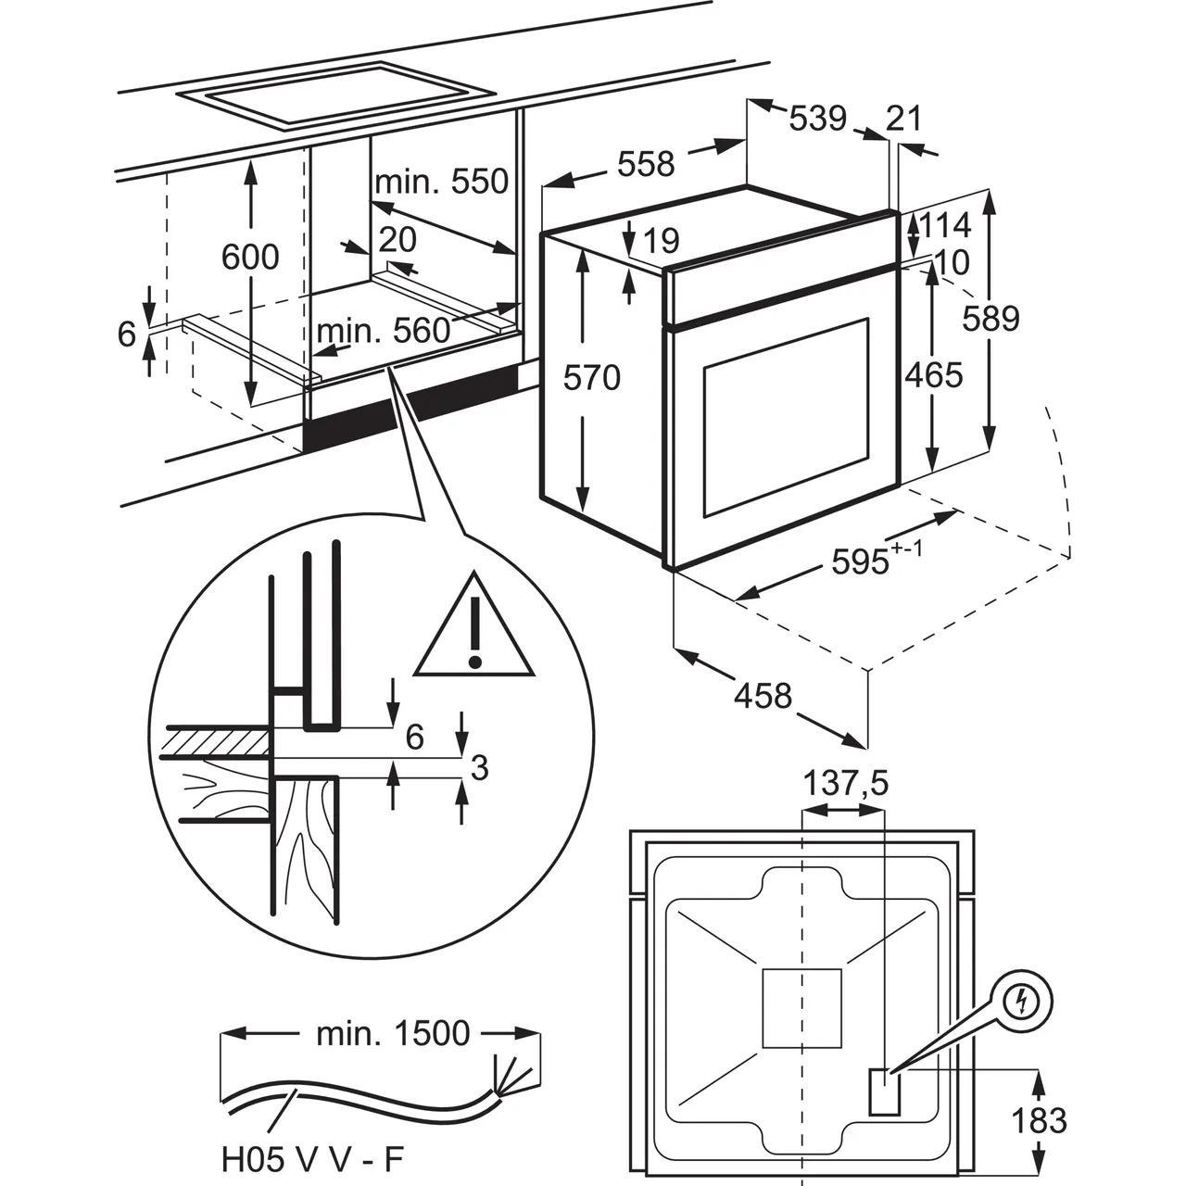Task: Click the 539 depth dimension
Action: (818, 119)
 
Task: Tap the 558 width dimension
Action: (646, 164)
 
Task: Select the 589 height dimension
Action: (990, 318)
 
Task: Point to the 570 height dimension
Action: (592, 377)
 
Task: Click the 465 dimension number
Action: (933, 374)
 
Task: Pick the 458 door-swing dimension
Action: (763, 695)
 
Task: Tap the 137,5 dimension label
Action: (845, 784)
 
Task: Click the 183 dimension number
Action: (1040, 1121)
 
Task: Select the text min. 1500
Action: (393, 1033)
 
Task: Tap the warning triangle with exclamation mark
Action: (474, 628)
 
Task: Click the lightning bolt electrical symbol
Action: (1022, 1001)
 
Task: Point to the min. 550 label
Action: (442, 181)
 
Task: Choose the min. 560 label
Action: (384, 331)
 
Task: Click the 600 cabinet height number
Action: (250, 257)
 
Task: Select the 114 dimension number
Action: (946, 225)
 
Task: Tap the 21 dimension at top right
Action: (904, 119)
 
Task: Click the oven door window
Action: (786, 416)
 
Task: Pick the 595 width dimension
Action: (861, 561)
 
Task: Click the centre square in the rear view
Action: (801, 1008)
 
